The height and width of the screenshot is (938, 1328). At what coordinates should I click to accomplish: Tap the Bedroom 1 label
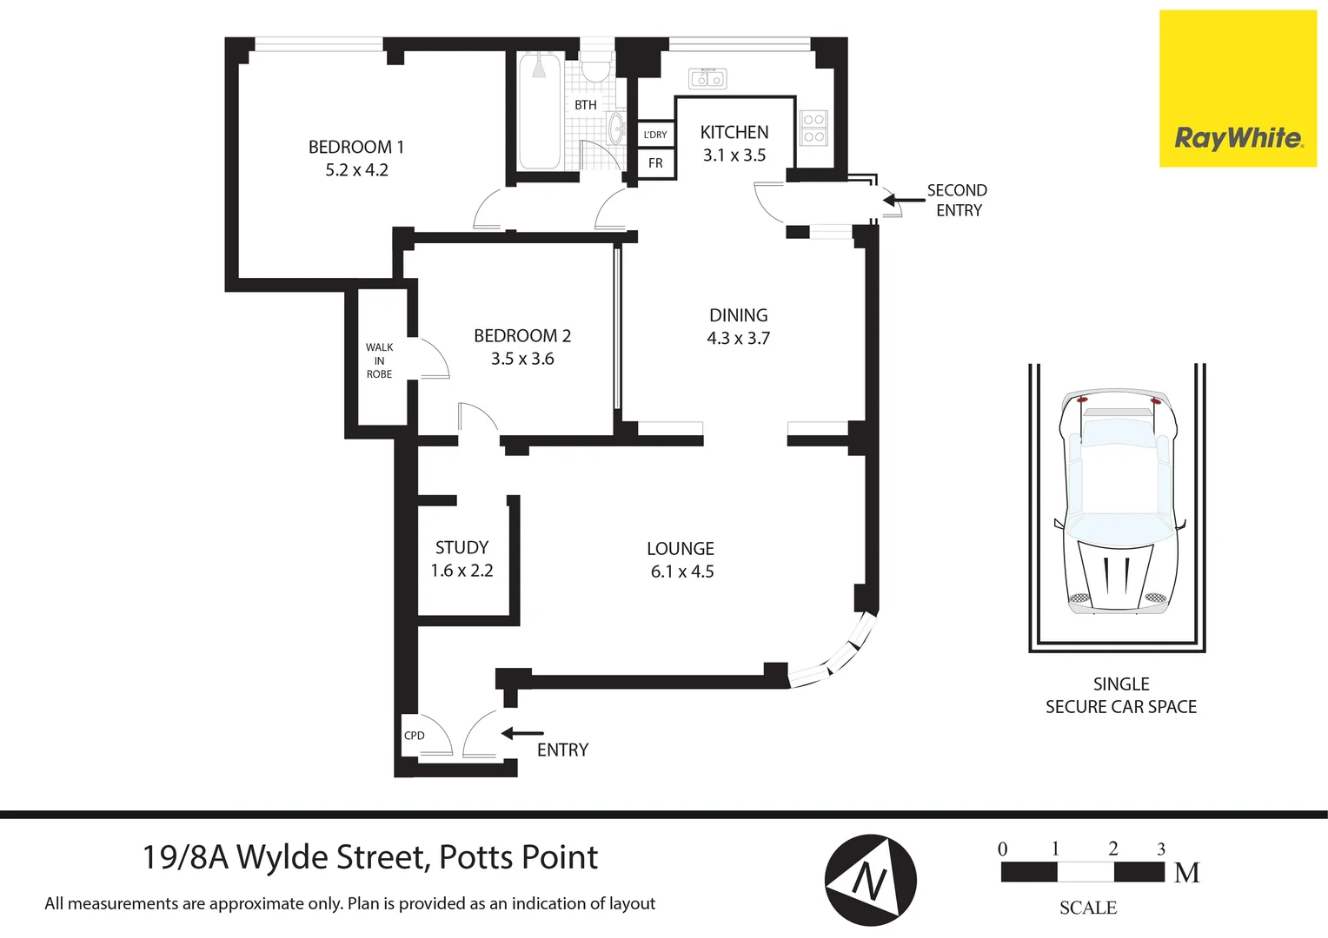pos(356,147)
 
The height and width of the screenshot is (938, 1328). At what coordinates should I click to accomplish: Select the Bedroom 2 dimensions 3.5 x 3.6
pos(522,359)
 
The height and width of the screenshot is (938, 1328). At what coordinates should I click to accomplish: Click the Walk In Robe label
pos(379,360)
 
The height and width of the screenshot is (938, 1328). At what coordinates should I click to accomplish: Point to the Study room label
pos(461,547)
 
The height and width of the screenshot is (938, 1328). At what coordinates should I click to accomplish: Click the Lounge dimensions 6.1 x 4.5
pos(682,571)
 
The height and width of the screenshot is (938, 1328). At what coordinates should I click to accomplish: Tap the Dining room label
pos(738,315)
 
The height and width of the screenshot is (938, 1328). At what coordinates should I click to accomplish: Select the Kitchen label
pos(734,132)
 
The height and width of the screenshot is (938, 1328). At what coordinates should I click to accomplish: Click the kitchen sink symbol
pos(707,79)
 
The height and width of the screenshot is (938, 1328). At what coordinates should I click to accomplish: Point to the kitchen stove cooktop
pos(813,128)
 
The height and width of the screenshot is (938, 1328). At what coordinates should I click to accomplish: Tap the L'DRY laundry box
pos(655,135)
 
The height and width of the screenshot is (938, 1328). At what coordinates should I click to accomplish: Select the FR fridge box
pos(655,163)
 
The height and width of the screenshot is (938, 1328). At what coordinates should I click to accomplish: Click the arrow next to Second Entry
pos(904,201)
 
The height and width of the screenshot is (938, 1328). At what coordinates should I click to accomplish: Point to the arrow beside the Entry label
pos(522,734)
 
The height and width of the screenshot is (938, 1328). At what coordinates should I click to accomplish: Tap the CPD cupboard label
pos(415,736)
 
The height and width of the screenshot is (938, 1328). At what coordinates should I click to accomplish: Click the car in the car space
pos(1118,502)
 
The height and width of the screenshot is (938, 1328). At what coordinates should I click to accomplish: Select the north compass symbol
pos(870,881)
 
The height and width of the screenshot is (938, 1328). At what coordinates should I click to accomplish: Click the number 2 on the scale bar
pos(1113,849)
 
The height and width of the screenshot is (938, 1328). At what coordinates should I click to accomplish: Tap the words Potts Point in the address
pos(518,857)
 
